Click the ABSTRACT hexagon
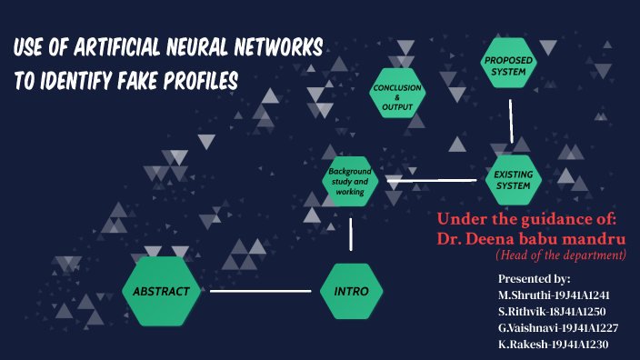pos(161,291)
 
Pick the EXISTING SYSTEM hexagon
pos(513,180)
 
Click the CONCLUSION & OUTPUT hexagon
pos(397,96)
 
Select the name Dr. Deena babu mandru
pos(532,238)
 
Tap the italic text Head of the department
pos(560,255)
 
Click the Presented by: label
pos(534,278)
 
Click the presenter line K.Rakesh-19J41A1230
pos(554,345)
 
